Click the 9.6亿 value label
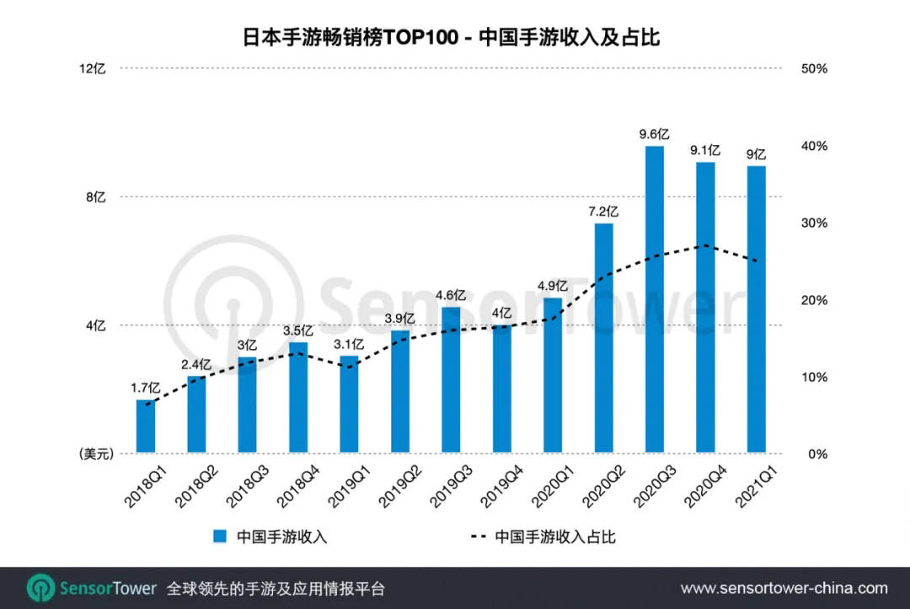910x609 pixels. [x=654, y=134]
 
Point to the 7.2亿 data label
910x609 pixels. [x=603, y=211]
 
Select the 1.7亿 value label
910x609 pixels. [x=145, y=388]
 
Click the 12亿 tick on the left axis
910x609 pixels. [x=93, y=68]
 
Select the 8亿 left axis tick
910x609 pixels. [x=96, y=197]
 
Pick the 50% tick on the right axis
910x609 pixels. [x=813, y=68]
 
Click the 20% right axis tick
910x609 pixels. [x=813, y=300]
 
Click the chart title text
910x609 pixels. [x=455, y=36]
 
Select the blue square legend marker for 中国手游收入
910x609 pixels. [x=220, y=536]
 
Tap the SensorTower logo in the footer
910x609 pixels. [x=92, y=588]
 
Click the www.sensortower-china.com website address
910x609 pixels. [x=784, y=588]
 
